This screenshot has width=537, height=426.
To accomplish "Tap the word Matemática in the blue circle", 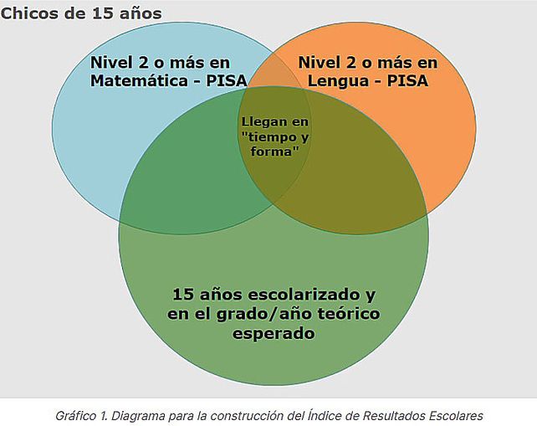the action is click(140, 81).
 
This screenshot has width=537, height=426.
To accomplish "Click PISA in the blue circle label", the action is click(227, 81).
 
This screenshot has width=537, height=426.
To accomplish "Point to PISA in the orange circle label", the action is click(407, 81).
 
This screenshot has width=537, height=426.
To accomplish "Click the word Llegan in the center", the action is click(259, 122).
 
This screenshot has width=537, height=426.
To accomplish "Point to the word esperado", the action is click(274, 333).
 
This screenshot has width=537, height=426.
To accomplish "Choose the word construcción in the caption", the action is click(247, 416).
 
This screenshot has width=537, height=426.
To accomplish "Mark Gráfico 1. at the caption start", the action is click(82, 416).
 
